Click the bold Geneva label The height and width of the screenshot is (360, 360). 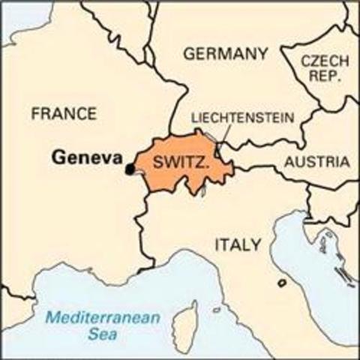(x=87, y=159)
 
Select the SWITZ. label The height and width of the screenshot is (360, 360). (x=181, y=163)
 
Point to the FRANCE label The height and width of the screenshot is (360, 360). (x=64, y=114)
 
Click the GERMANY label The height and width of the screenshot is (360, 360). (x=225, y=54)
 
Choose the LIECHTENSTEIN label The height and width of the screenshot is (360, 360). (x=242, y=118)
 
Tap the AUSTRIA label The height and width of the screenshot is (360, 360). (x=316, y=162)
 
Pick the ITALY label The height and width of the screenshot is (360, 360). (x=238, y=244)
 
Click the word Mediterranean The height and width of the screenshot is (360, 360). (x=101, y=317)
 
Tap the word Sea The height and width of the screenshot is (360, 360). (x=101, y=335)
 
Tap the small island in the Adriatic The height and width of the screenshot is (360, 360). (x=282, y=283)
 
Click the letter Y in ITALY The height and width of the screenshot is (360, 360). (x=256, y=244)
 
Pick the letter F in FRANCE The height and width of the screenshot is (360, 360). (x=35, y=114)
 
